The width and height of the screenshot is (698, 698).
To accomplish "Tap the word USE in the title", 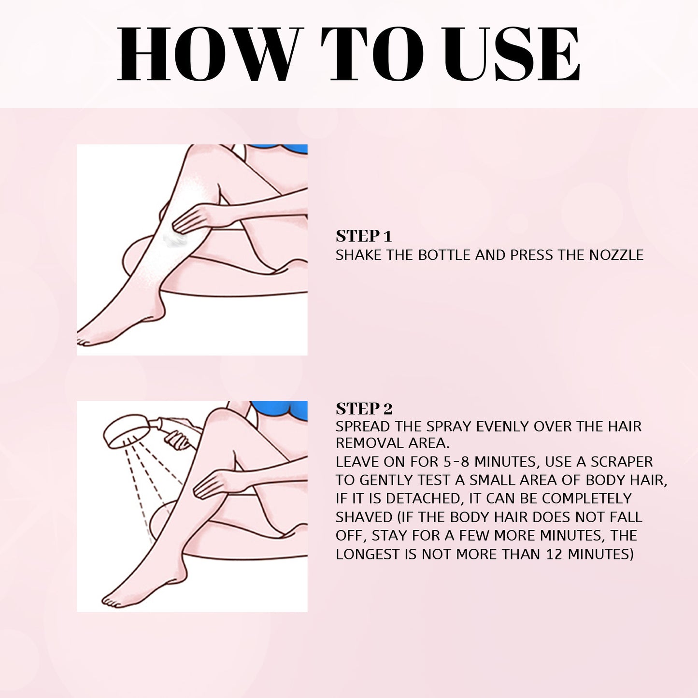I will pos(512,54).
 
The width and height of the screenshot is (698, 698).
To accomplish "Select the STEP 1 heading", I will pos(363,236).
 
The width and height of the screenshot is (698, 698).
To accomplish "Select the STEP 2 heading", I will pos(364,409).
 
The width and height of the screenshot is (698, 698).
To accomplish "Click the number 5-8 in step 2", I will pos(456,462).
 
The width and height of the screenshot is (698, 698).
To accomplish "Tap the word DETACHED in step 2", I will pos(425,499).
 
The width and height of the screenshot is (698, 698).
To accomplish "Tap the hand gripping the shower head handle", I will pos(178,440).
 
